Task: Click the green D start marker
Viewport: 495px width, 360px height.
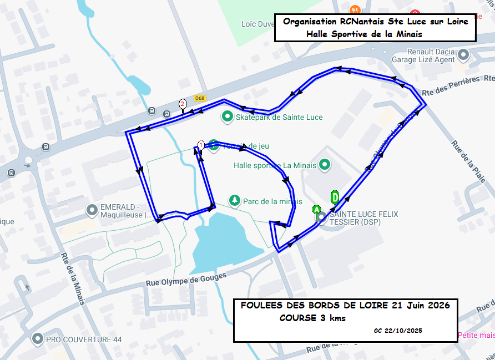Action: [x=335, y=197]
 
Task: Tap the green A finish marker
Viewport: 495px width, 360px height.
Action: [x=316, y=210]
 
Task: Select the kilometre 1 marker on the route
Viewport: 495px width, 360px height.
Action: [x=201, y=145]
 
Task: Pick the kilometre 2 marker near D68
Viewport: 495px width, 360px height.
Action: [x=182, y=104]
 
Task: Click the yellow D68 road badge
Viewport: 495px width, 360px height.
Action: [x=200, y=99]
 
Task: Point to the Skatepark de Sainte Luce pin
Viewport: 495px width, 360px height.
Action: [x=227, y=117]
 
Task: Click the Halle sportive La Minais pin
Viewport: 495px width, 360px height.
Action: [x=325, y=165]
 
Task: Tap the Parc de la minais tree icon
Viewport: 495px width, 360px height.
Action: [x=235, y=200]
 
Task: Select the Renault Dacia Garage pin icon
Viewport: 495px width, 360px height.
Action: [x=463, y=55]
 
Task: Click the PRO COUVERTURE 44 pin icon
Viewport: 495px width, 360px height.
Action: [x=38, y=338]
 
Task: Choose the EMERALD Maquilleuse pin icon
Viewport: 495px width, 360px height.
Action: [x=92, y=210]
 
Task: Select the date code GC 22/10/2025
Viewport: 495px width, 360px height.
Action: [x=398, y=331]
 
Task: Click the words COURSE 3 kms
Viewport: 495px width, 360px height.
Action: [x=312, y=318]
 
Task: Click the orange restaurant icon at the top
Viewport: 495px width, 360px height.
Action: [x=355, y=9]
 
